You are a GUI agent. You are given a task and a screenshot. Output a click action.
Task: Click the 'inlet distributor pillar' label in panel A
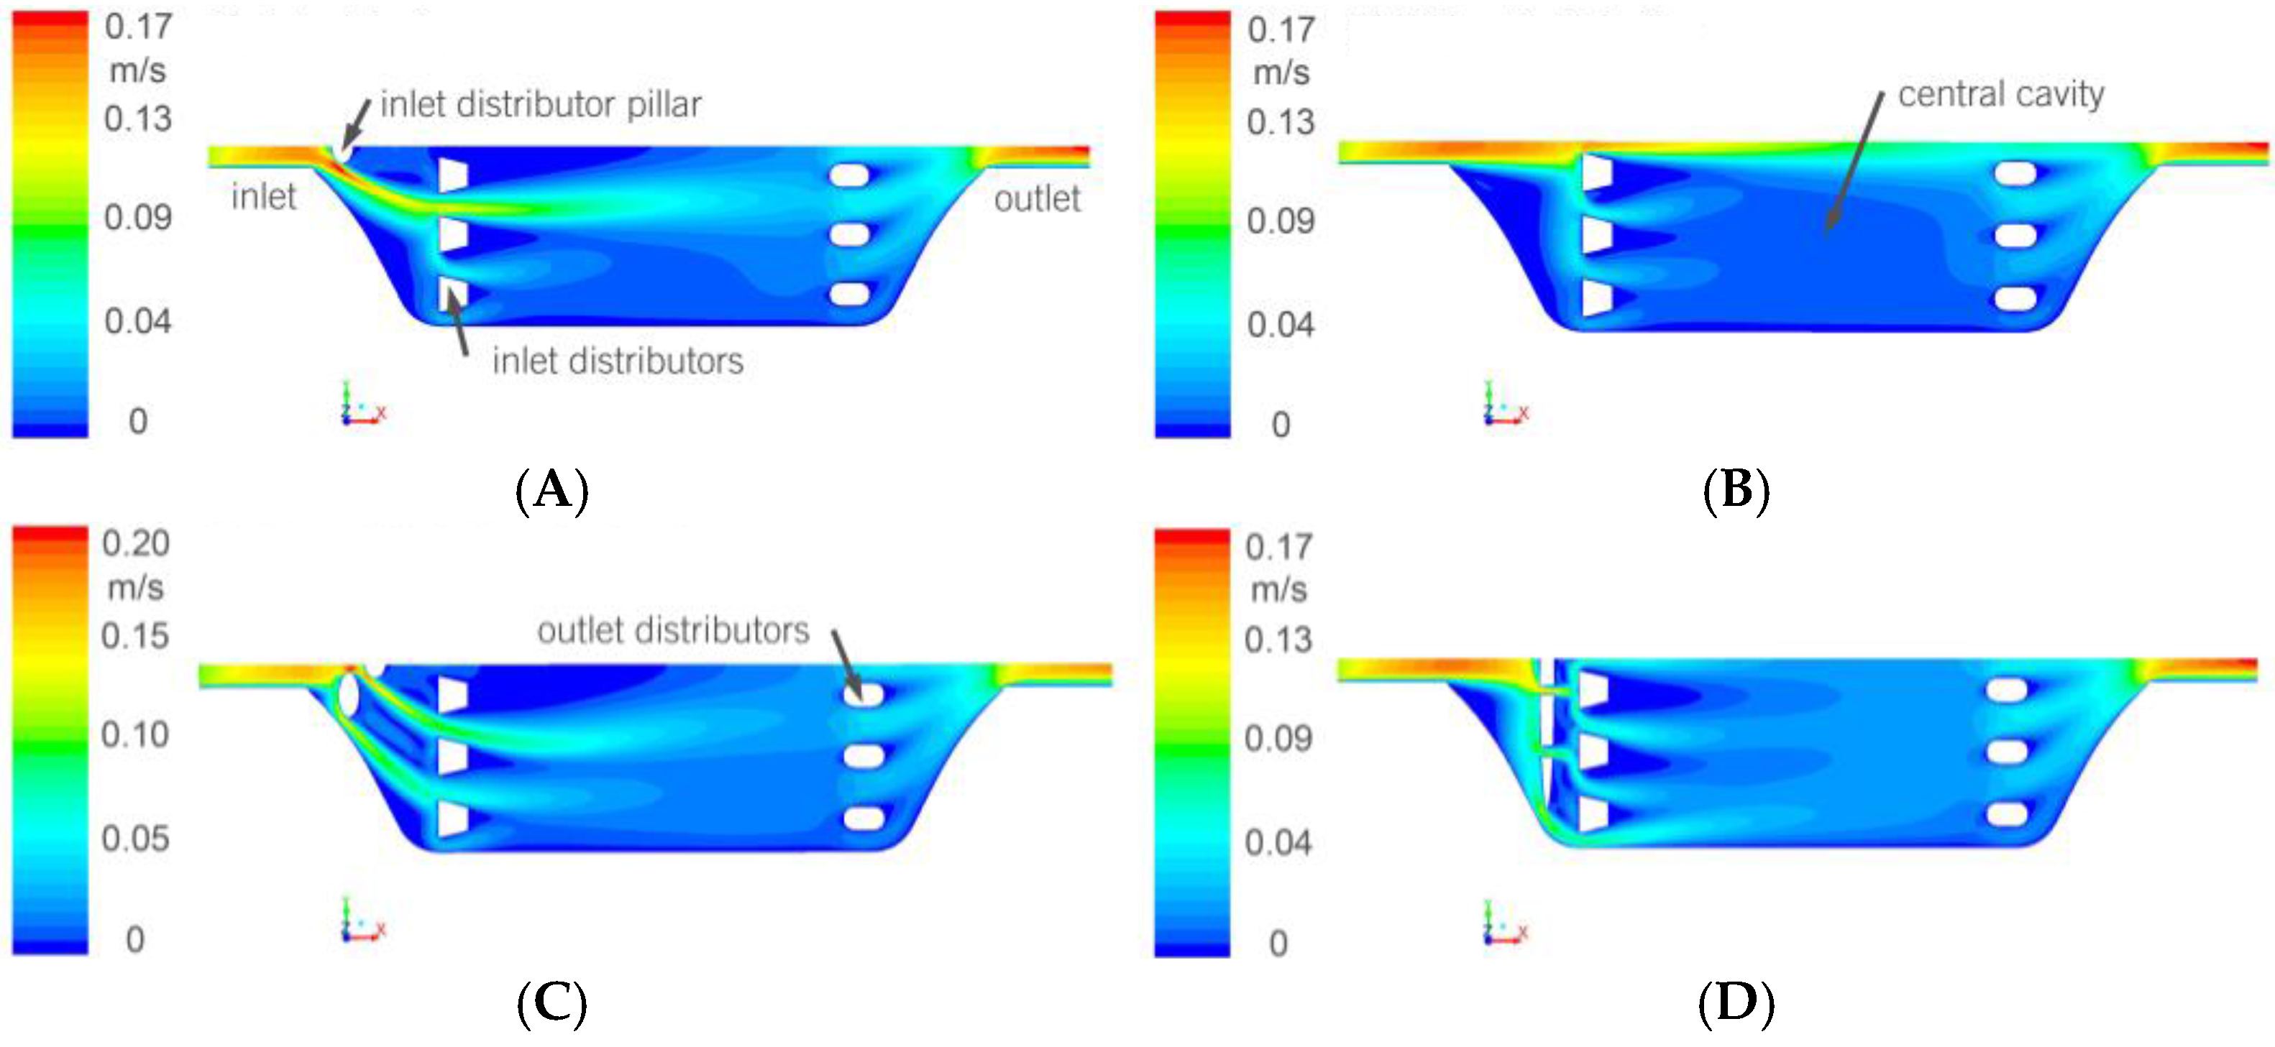[541, 105]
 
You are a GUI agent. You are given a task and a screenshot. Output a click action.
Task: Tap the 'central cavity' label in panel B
[2000, 94]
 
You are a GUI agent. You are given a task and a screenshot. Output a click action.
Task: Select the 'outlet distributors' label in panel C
[673, 630]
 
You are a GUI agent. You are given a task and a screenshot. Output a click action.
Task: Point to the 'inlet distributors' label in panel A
[618, 361]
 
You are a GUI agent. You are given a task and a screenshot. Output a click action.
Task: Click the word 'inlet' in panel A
[263, 196]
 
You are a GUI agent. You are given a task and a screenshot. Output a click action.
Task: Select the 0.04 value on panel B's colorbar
[1280, 325]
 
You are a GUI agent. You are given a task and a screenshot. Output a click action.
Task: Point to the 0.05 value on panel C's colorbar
[135, 838]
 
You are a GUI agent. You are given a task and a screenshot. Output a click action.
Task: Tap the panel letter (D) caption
[1736, 1004]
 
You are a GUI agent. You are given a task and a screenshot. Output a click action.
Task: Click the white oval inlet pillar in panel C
[348, 695]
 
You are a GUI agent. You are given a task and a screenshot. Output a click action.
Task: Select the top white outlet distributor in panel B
[2015, 173]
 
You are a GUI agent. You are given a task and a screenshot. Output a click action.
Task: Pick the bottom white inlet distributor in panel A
[452, 294]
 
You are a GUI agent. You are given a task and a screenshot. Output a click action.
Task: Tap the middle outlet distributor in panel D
[2007, 752]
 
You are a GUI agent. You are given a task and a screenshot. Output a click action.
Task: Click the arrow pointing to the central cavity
[1854, 160]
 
